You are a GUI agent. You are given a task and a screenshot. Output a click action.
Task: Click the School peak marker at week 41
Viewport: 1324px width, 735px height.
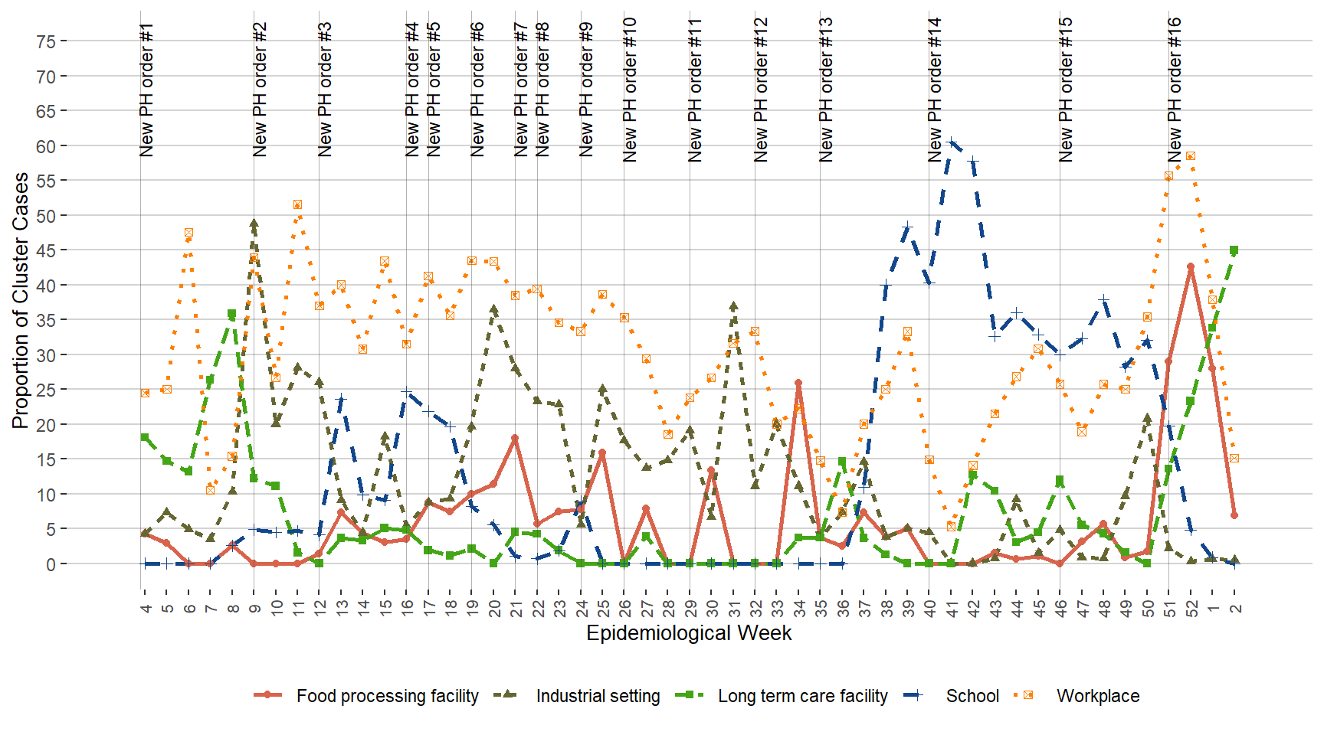951,142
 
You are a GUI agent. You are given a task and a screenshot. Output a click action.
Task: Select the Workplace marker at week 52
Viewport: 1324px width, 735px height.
1191,156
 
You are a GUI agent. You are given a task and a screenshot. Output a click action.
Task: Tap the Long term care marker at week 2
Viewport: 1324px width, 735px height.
1234,250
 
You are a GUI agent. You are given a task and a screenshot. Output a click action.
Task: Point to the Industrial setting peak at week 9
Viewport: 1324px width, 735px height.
254,224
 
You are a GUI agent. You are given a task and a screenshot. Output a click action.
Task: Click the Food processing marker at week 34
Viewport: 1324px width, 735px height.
798,383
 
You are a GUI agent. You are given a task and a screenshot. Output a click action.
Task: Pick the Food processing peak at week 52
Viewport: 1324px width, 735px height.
1191,267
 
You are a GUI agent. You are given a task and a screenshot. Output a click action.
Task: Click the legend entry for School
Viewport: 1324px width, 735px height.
972,696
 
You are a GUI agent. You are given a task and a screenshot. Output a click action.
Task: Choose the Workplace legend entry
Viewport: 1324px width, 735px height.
1097,696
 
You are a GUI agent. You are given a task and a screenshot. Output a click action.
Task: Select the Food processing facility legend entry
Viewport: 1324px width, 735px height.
387,696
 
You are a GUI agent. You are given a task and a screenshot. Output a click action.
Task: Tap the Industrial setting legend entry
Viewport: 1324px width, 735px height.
598,696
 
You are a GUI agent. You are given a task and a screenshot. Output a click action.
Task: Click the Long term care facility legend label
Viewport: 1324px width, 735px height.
802,696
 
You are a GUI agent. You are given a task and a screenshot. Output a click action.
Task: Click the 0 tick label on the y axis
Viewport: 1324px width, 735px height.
51,564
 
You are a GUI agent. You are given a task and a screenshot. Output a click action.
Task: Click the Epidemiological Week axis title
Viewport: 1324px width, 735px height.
688,633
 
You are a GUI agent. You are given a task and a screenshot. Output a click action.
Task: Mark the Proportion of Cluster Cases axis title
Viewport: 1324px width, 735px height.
20,300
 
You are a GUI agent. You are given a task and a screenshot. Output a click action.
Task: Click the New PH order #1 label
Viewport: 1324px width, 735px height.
147,90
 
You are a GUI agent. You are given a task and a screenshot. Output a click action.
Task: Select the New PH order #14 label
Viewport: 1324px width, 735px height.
935,90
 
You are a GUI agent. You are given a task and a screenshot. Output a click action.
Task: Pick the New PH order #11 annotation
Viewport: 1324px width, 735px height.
695,90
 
